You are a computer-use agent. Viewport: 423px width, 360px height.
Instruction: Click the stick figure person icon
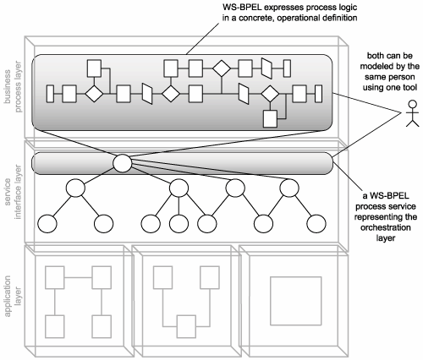point(412,113)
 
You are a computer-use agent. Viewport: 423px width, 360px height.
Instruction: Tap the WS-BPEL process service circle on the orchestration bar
point(123,163)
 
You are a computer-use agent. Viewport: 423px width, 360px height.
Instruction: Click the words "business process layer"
point(13,87)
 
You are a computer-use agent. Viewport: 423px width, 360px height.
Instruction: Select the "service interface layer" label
point(13,192)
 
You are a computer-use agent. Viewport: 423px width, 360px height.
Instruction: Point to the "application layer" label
point(13,296)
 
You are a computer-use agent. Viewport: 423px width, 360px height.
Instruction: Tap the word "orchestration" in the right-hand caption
point(386,227)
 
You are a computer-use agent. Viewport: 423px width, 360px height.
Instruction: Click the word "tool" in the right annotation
point(409,87)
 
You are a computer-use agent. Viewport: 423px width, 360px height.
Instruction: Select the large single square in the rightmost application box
point(296,301)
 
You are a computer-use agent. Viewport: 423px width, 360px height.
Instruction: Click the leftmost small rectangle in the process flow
point(50,94)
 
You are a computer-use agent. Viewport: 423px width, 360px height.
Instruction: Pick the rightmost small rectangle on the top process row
point(287,68)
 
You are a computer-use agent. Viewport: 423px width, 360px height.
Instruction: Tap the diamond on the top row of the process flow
point(222,68)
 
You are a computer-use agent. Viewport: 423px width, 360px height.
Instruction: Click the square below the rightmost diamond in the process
point(270,119)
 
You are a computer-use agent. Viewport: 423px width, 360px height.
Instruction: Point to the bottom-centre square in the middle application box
point(186,326)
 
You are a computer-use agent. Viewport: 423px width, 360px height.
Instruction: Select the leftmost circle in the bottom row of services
point(47,224)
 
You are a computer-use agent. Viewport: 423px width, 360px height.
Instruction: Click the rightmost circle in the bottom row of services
point(316,224)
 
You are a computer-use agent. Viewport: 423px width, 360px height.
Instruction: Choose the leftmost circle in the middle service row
point(75,188)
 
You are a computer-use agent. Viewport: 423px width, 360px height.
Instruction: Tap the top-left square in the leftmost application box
point(55,277)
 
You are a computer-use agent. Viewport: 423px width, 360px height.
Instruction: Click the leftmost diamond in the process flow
point(94,94)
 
